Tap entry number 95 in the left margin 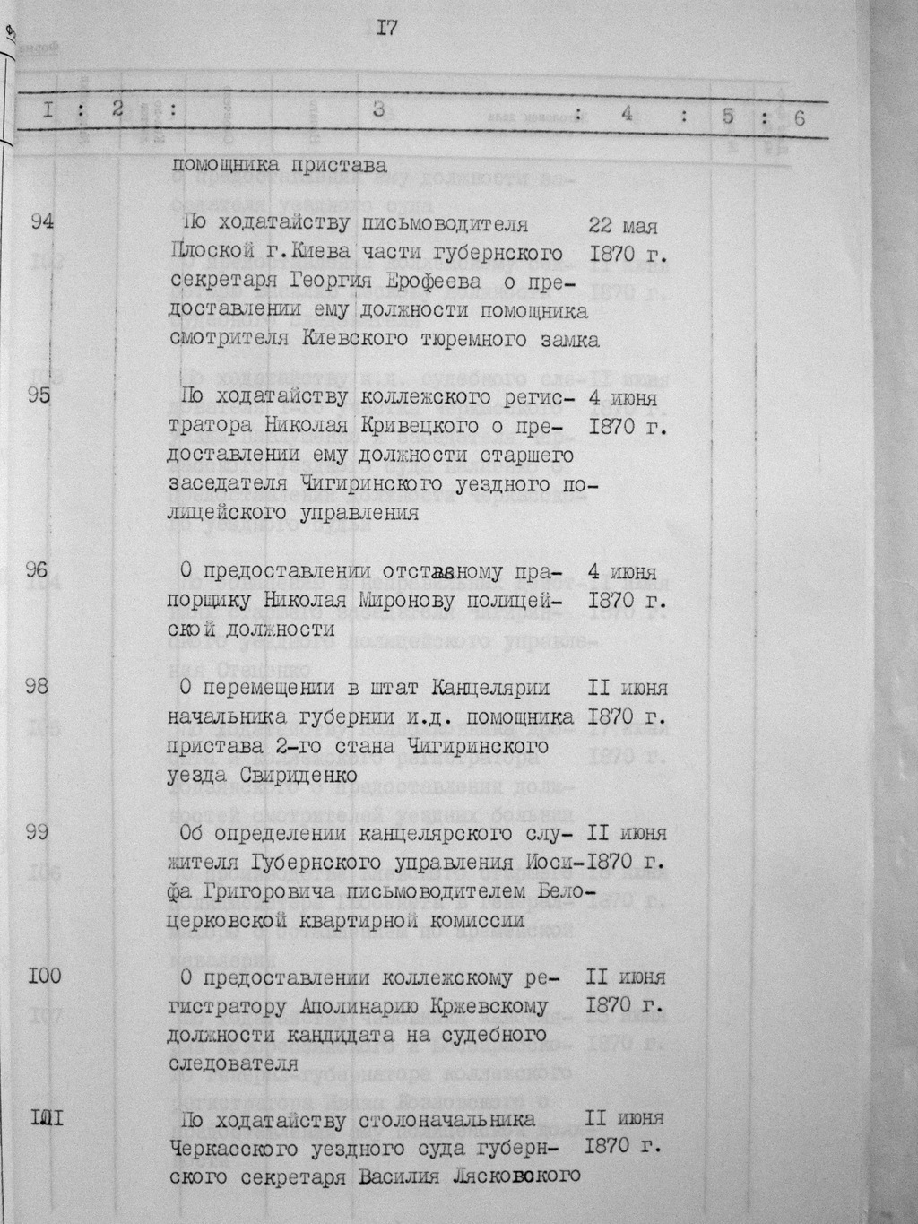tap(39, 397)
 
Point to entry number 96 tap(39, 571)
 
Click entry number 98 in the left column tap(39, 687)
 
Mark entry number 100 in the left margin tap(44, 977)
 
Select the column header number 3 tap(378, 110)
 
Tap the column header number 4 tap(627, 114)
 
